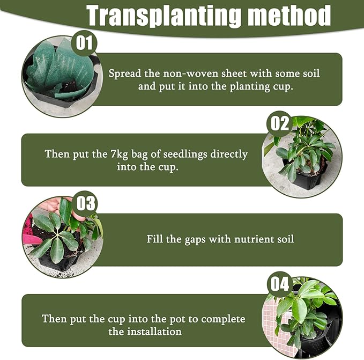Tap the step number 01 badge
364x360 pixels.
84,43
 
